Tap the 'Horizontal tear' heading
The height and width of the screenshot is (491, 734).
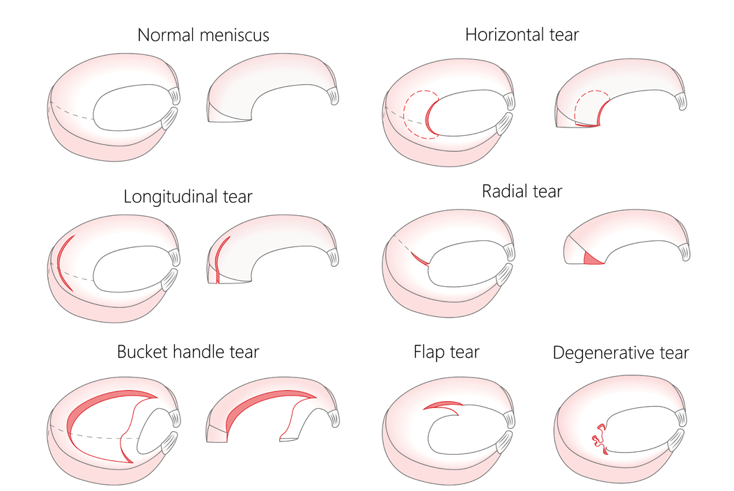[522, 35]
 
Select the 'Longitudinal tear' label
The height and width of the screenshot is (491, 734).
[187, 196]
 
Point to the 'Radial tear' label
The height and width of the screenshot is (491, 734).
[522, 191]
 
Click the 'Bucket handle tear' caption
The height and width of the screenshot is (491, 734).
[187, 352]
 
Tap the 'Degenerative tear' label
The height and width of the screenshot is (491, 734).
[620, 353]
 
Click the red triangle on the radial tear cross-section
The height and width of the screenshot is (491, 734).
[592, 258]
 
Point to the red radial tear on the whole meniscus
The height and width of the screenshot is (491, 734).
[419, 258]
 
